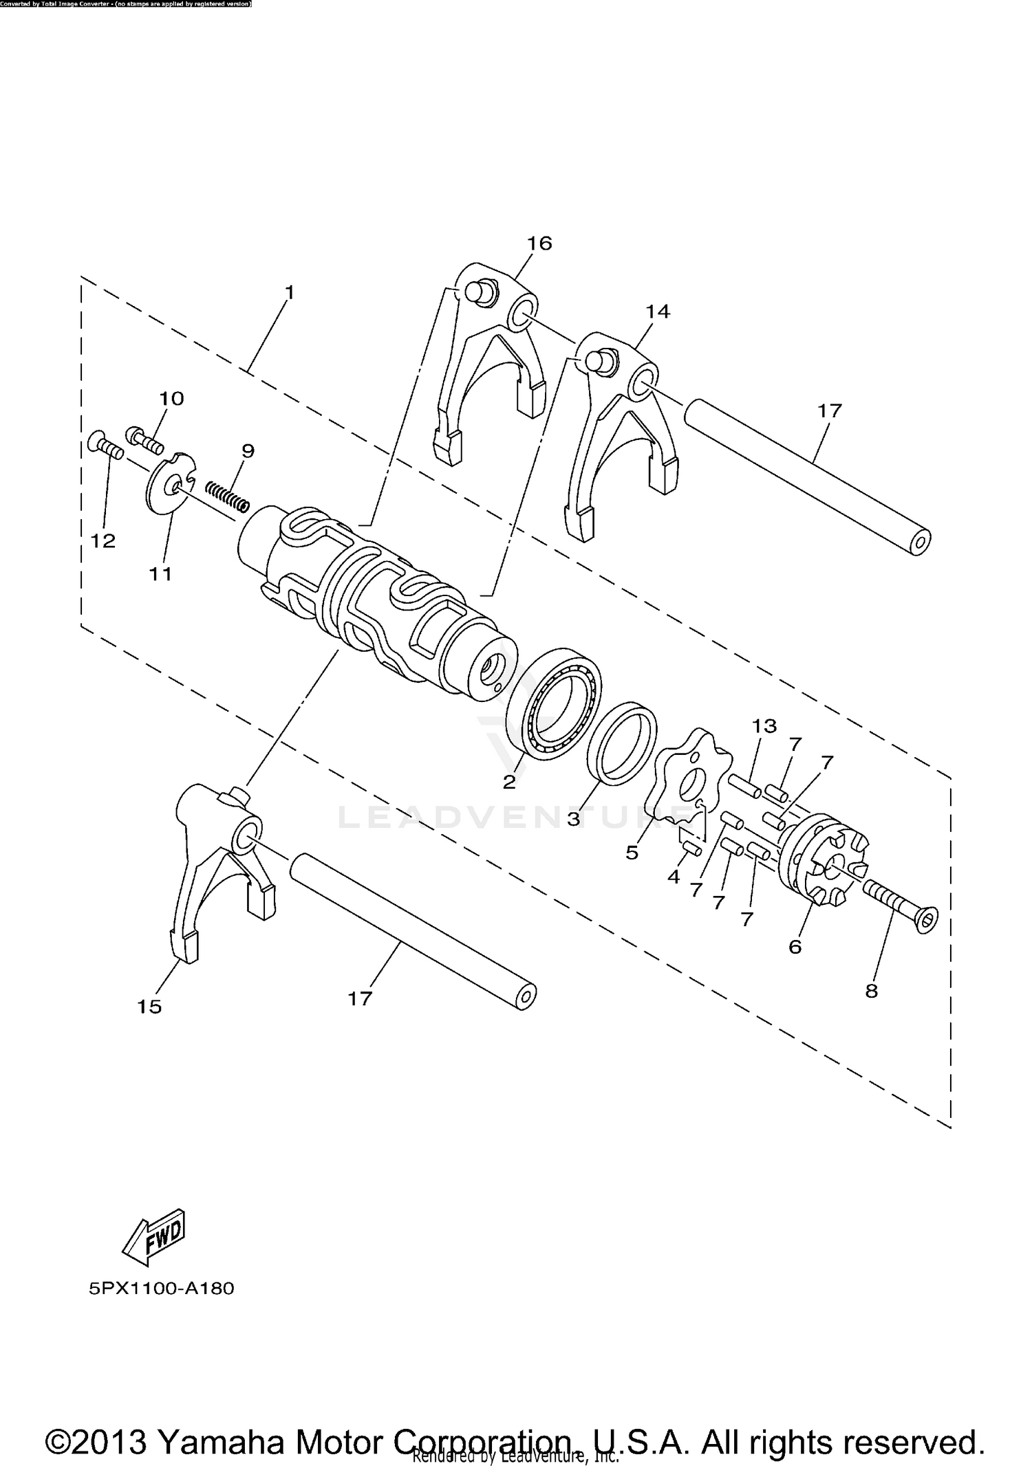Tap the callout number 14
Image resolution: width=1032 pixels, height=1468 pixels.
pyautogui.click(x=657, y=311)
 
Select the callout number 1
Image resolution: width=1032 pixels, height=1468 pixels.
pyautogui.click(x=290, y=292)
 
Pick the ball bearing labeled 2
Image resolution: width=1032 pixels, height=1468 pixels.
pyautogui.click(x=554, y=703)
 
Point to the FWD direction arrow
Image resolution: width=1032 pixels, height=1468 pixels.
pyautogui.click(x=155, y=1236)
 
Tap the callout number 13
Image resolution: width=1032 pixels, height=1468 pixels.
pyautogui.click(x=764, y=725)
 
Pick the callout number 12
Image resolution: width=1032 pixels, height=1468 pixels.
pyautogui.click(x=103, y=541)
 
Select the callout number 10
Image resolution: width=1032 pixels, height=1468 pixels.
pyautogui.click(x=171, y=399)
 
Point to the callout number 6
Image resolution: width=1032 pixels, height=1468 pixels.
pyautogui.click(x=795, y=947)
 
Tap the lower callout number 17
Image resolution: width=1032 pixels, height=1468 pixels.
pyautogui.click(x=359, y=998)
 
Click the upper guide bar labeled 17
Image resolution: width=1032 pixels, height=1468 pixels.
pyautogui.click(x=805, y=473)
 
